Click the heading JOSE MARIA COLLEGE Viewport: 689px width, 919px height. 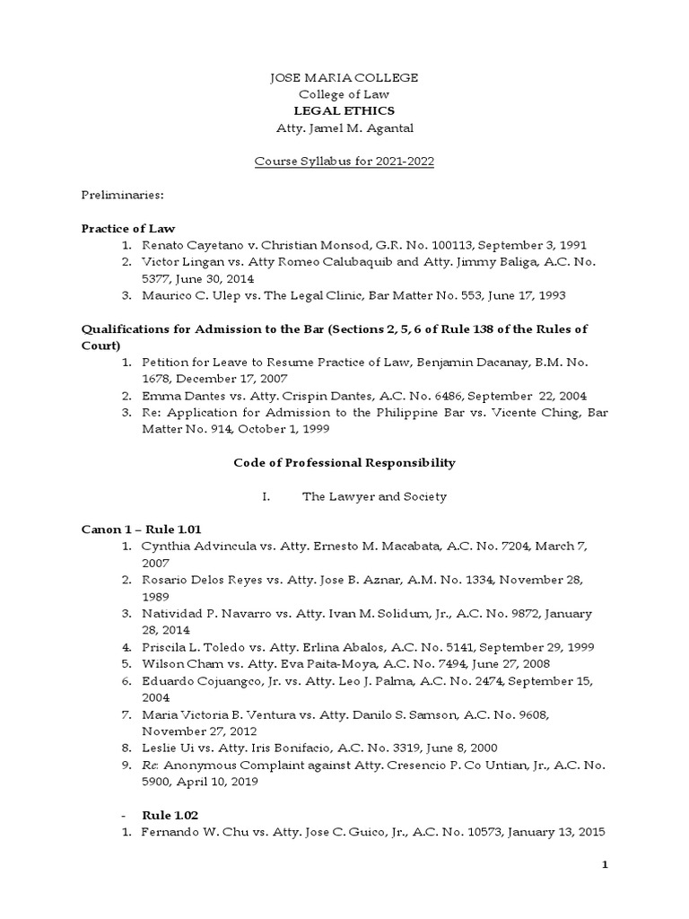[344, 78]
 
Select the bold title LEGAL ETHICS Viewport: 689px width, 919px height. [344, 110]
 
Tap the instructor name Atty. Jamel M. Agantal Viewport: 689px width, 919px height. [344, 127]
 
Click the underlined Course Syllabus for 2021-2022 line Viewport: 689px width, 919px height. [344, 161]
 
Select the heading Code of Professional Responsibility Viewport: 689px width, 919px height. [344, 463]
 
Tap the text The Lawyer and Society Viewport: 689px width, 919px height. [374, 496]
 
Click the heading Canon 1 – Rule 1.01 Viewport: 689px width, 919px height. [148, 530]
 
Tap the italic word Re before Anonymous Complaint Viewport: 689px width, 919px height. [150, 765]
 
